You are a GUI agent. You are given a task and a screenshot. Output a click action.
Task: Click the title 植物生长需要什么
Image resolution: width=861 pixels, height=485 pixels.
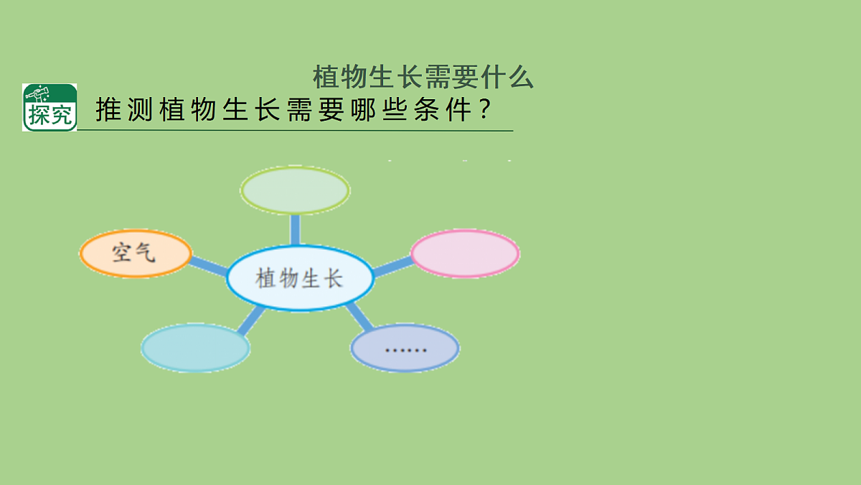tap(423, 77)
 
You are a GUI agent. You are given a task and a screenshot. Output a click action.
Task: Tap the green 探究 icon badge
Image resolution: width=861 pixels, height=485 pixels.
tap(50, 107)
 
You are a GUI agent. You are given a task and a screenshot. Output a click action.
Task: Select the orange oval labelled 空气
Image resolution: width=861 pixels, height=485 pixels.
tap(136, 253)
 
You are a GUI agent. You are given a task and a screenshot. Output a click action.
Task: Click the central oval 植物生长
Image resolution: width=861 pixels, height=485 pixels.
tap(300, 278)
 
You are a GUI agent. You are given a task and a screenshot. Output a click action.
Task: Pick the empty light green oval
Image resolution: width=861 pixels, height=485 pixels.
tap(295, 190)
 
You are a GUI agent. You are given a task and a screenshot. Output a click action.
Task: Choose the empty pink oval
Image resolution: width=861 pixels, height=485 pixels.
tap(465, 253)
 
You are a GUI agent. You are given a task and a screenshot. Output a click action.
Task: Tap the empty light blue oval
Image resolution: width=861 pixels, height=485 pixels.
tap(195, 348)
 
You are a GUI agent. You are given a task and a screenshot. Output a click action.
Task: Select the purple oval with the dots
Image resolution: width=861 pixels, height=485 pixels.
tap(405, 348)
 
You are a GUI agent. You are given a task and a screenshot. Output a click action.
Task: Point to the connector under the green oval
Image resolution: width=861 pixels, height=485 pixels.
tap(295, 229)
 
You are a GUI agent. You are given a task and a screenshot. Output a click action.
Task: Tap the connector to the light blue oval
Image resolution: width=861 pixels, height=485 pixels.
tap(250, 320)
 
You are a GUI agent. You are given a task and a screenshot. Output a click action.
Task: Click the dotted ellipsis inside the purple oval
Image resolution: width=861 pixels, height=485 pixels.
tap(405, 351)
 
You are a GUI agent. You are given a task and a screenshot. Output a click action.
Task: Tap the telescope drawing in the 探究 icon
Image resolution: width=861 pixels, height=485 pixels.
tap(40, 94)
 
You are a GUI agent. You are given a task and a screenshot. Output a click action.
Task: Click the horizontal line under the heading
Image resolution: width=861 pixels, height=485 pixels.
tap(294, 131)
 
